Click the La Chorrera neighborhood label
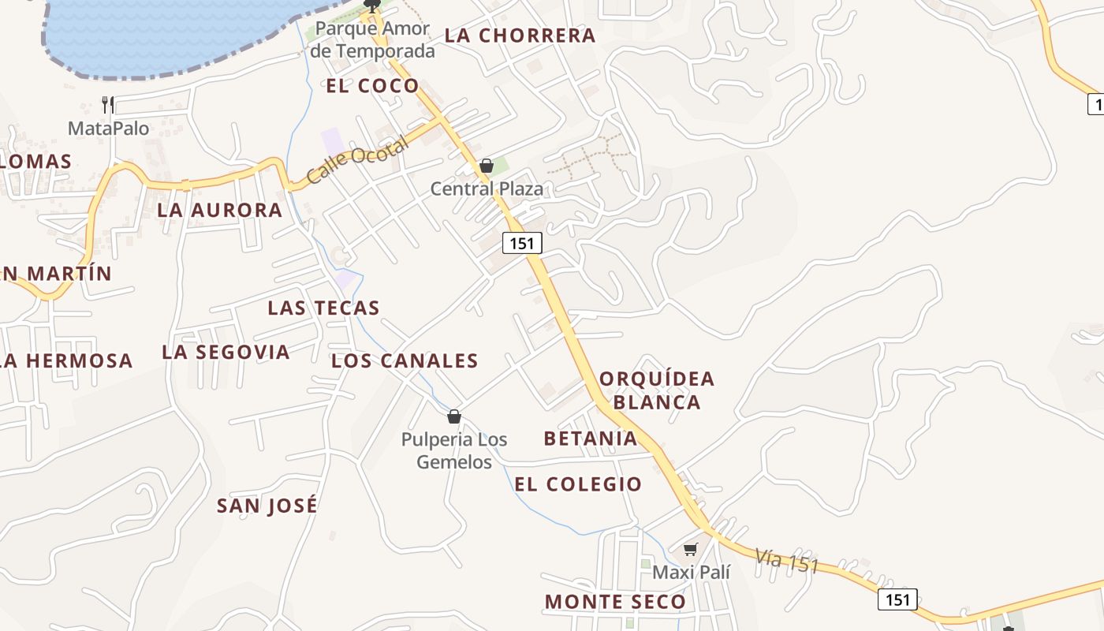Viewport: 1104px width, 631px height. (520, 35)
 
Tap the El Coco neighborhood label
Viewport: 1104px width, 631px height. (372, 86)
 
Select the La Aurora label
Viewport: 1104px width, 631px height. (219, 210)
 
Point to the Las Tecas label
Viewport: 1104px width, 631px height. (323, 308)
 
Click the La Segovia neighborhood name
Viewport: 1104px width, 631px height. (226, 352)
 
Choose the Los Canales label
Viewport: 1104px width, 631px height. (405, 361)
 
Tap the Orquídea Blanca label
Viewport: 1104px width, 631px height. (657, 390)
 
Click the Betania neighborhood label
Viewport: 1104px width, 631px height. (591, 439)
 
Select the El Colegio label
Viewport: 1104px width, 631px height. (578, 484)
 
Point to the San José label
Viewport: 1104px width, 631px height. (267, 506)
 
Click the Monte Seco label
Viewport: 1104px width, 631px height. (615, 602)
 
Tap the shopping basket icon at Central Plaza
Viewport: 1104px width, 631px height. (487, 166)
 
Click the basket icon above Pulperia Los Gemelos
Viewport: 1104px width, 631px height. (454, 416)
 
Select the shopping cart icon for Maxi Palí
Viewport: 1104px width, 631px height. (691, 549)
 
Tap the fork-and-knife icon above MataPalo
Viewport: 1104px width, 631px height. (108, 104)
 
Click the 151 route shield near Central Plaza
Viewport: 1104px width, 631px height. (522, 244)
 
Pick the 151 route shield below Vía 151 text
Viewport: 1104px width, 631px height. (897, 599)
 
